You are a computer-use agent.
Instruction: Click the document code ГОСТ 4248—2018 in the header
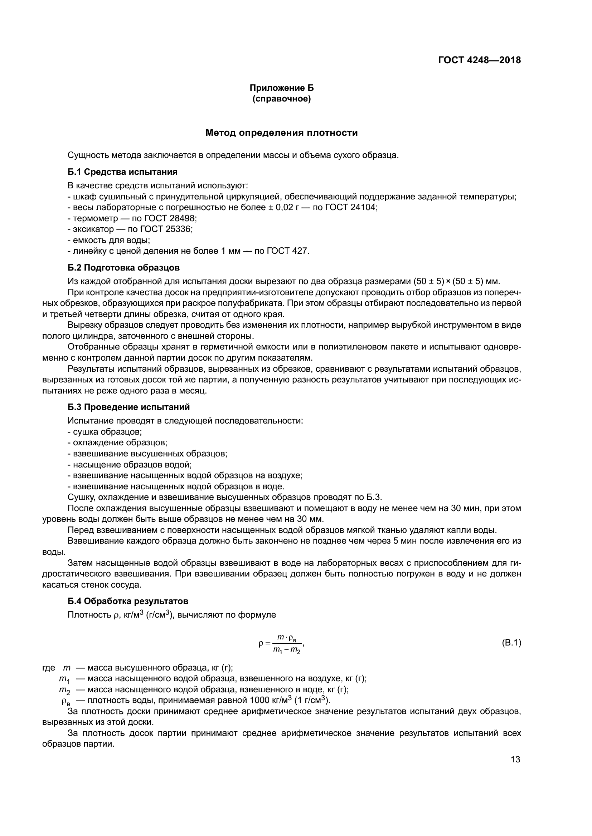[479, 60]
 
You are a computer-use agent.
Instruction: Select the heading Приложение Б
[281, 88]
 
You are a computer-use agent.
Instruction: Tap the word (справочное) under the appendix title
[281, 99]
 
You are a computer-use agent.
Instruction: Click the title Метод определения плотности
[281, 133]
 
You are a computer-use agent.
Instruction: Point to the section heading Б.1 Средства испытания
[122, 172]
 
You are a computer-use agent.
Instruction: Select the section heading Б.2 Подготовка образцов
[123, 268]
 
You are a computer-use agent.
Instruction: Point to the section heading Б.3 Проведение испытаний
[129, 407]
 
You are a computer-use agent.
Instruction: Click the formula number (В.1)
[511, 643]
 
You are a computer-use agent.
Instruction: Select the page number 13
[515, 760]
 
